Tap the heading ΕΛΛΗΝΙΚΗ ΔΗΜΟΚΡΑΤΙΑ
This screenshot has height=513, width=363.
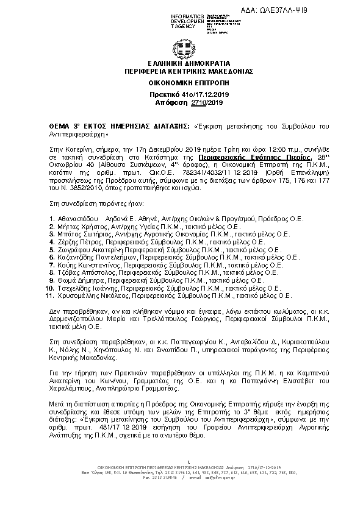tap(181, 63)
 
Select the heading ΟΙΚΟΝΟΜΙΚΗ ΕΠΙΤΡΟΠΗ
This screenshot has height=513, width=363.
tap(181, 82)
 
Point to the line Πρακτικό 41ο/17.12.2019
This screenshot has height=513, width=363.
tap(181, 96)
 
